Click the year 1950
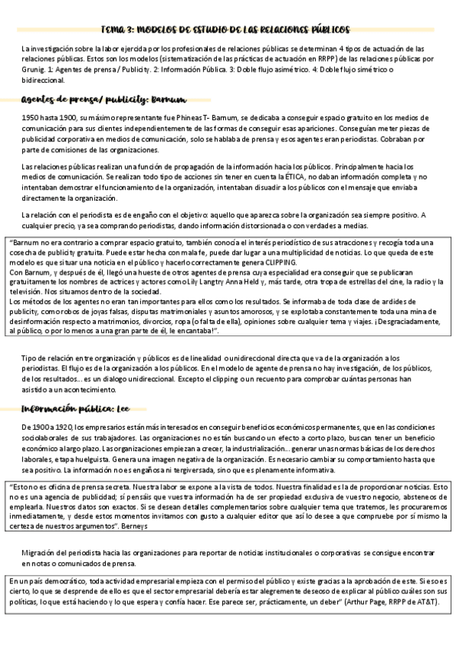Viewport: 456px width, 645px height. point(30,119)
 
